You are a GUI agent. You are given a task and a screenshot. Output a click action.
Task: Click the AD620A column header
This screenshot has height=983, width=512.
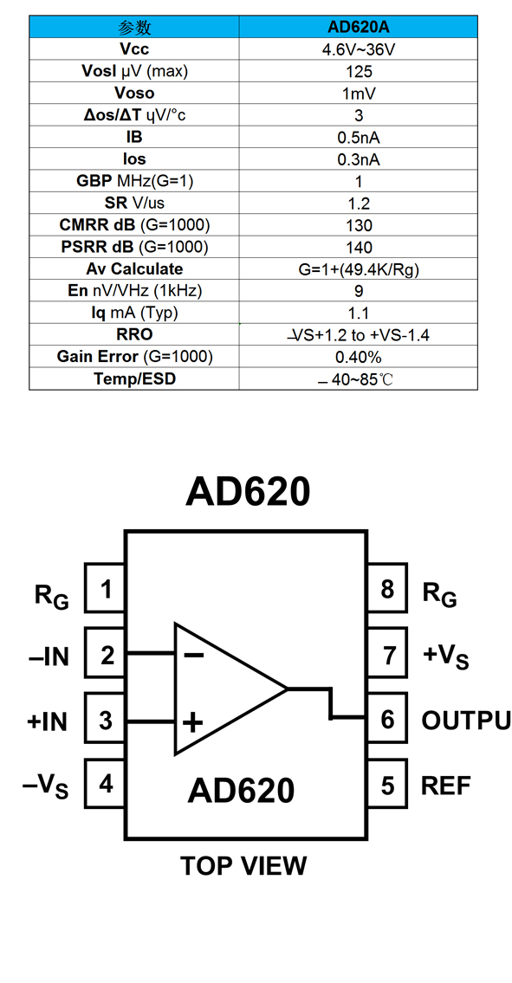[359, 28]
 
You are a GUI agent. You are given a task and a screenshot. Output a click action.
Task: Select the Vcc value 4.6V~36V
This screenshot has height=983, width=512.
[359, 49]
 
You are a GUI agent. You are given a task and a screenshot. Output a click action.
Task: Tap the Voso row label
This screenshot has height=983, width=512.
[134, 94]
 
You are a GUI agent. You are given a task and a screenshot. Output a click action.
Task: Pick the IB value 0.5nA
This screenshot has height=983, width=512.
[359, 138]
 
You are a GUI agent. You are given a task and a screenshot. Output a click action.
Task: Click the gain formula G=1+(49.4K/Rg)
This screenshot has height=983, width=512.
[359, 269]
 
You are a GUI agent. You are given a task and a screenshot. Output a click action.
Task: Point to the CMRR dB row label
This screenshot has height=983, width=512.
[134, 225]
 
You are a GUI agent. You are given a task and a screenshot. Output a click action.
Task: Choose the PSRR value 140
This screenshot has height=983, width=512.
[359, 248]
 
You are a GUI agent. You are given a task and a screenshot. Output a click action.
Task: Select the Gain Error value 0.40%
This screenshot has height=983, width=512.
[359, 358]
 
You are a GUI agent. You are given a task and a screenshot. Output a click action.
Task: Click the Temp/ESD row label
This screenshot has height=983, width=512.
[134, 379]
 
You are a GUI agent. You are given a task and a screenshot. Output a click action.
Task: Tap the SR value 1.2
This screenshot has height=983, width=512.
[359, 204]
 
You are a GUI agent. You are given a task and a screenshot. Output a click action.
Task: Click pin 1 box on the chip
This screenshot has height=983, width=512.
[105, 588]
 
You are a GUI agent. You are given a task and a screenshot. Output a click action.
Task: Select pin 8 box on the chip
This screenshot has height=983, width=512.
[387, 588]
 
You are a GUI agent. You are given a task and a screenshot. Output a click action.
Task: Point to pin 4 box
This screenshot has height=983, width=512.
[105, 783]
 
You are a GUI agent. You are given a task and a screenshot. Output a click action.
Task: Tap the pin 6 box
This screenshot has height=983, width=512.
[387, 719]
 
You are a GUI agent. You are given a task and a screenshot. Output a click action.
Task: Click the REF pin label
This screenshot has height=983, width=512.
[446, 786]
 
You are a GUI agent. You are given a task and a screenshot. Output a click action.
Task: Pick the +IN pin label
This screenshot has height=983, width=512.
[47, 721]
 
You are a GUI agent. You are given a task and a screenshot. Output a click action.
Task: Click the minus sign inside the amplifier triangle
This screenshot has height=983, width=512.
[193, 655]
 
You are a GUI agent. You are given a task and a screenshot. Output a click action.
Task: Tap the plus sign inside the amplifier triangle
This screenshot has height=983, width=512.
[192, 724]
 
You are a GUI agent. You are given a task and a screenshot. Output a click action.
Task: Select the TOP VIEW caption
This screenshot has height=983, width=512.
[244, 866]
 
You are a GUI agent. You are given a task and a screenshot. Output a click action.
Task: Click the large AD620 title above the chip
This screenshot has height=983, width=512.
[247, 493]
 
